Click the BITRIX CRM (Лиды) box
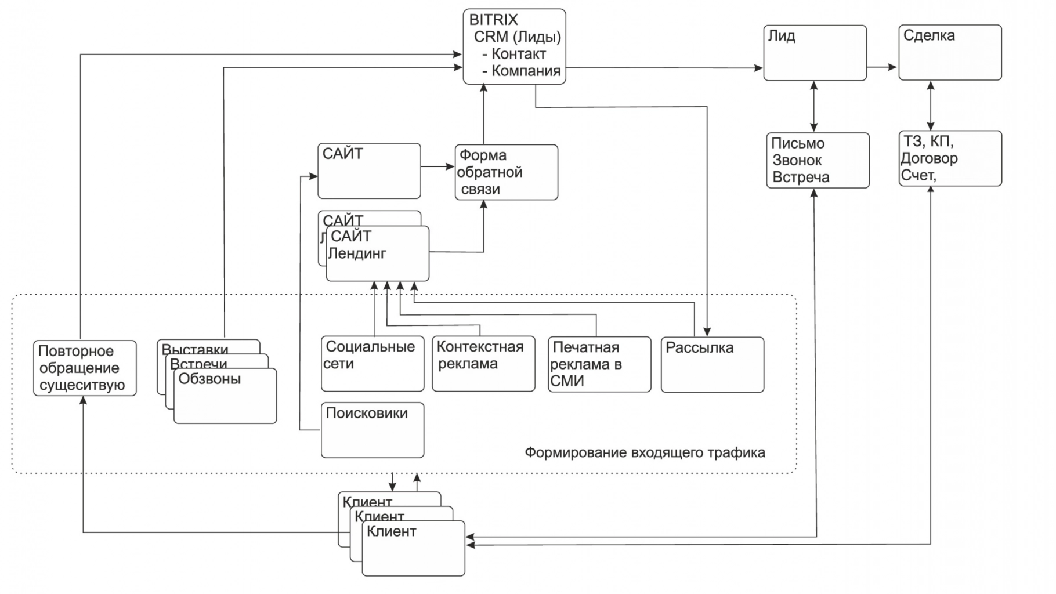pyautogui.click(x=514, y=46)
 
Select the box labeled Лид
pyautogui.click(x=815, y=53)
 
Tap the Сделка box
pyautogui.click(x=950, y=52)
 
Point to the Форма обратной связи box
pyautogui.click(x=506, y=172)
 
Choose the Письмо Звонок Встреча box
pyautogui.click(x=818, y=160)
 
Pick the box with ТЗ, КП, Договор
pyautogui.click(x=950, y=158)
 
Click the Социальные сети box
pyautogui.click(x=373, y=364)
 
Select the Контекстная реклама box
pyautogui.click(x=483, y=364)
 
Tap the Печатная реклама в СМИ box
pyautogui.click(x=599, y=364)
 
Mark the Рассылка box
pyautogui.click(x=712, y=365)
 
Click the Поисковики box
pyautogui.click(x=373, y=430)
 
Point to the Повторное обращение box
pyautogui.click(x=85, y=368)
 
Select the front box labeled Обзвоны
pyautogui.click(x=225, y=396)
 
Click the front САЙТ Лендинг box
pyautogui.click(x=377, y=253)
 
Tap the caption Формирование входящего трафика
pyautogui.click(x=645, y=452)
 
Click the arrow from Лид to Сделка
pyautogui.click(x=882, y=67)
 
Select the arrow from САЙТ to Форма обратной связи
pyautogui.click(x=437, y=167)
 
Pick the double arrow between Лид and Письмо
pyautogui.click(x=814, y=106)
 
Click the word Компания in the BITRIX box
pyautogui.click(x=526, y=71)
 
